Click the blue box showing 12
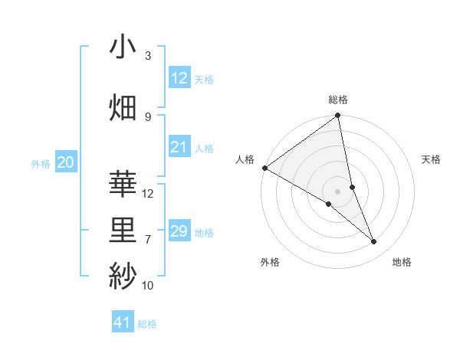coord(179,78)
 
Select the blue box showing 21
coord(179,148)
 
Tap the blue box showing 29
coord(179,231)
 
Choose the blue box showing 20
coord(65,162)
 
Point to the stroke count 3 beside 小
coord(148,55)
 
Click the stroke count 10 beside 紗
coord(148,286)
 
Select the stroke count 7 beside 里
coord(148,240)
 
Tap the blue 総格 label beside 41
coord(148,324)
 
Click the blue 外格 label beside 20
coord(41,163)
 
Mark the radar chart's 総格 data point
coord(337,116)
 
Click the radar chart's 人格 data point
coord(264,168)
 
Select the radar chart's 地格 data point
coord(374,242)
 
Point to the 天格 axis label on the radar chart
coord(432,159)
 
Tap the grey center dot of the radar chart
coord(337,191)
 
